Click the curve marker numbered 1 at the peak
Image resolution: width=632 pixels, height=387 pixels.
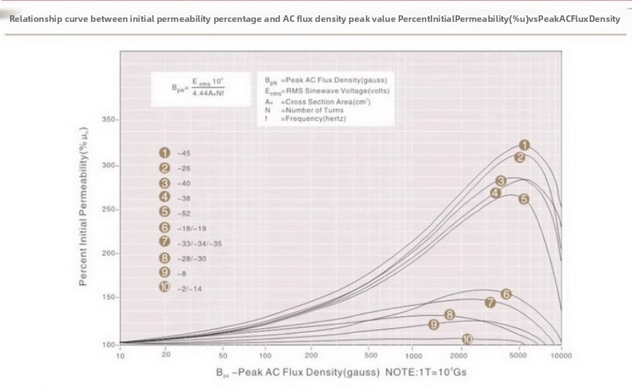523,145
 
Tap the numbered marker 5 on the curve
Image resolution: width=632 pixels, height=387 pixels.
523,198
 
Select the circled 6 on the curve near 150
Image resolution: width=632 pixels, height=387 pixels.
506,294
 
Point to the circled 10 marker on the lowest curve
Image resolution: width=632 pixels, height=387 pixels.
467,339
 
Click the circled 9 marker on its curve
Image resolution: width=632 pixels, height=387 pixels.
433,324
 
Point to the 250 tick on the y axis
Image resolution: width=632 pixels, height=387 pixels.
109,209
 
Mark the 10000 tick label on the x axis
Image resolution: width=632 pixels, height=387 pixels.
561,356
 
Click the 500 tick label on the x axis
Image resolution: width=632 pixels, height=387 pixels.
370,356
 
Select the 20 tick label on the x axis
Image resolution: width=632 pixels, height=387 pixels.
166,356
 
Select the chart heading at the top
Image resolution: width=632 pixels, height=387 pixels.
315,18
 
